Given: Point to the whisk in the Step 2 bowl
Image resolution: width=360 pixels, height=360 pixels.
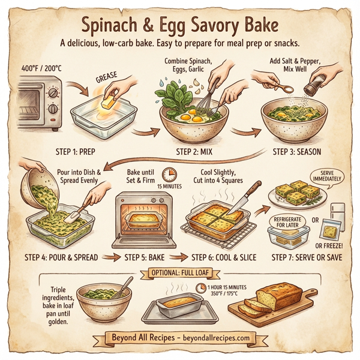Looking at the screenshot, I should (202, 96).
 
